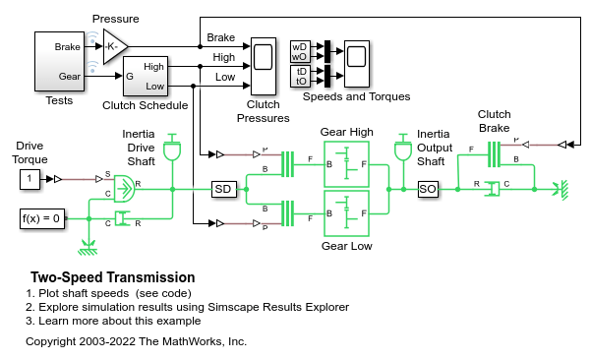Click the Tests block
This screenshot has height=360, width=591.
pos(59,61)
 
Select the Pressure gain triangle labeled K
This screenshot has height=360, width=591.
pos(115,47)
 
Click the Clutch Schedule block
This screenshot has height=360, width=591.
pos(146,76)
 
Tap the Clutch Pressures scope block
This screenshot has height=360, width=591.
pos(264,66)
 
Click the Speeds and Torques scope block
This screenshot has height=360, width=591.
pos(357,64)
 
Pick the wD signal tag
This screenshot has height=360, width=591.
pos(300,47)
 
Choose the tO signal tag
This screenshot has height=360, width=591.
pos(300,81)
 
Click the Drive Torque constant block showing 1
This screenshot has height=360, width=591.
pos(30,179)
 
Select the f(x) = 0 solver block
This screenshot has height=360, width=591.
pos(42,218)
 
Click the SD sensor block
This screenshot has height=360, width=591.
pos(224,189)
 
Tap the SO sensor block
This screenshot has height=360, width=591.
pos(428,189)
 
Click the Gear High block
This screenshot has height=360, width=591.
pos(346,164)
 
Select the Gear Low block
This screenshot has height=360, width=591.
pos(346,213)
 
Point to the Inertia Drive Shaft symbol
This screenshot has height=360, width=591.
pos(172,148)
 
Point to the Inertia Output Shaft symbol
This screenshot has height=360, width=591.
pos(403,148)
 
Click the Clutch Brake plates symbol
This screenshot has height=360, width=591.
pos(494,154)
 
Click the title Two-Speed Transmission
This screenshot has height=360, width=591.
pos(113,277)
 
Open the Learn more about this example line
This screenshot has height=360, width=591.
pos(113,321)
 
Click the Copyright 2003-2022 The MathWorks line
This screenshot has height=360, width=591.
pos(136,341)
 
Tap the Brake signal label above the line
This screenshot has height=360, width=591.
pos(221,37)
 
